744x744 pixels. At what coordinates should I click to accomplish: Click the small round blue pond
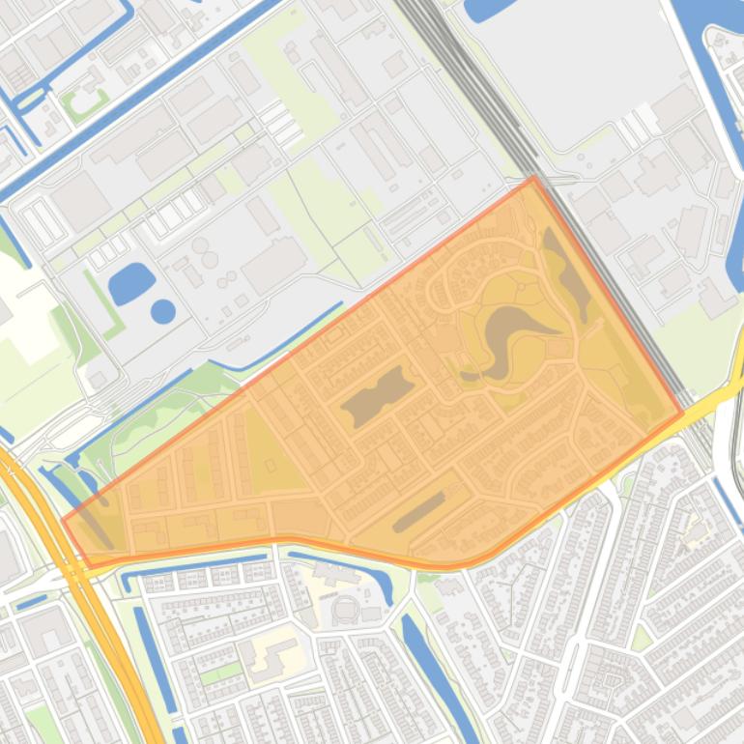(x=163, y=311)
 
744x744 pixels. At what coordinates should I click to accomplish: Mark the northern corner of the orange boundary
(x=533, y=178)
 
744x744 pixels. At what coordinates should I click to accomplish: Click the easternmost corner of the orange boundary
(x=682, y=413)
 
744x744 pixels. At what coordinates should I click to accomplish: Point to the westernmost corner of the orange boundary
(x=64, y=520)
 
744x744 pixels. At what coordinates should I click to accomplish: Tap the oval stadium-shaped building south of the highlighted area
(x=344, y=610)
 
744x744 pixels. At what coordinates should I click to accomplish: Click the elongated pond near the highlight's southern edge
(x=418, y=512)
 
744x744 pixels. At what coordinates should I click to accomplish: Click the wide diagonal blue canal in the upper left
(x=145, y=97)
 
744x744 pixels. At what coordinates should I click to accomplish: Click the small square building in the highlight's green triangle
(x=272, y=466)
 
